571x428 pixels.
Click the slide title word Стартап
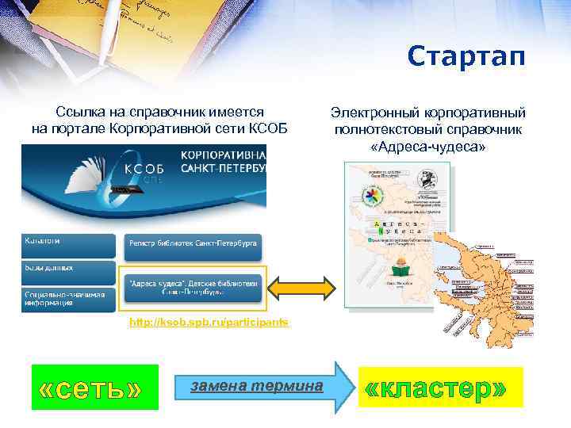tap(466, 58)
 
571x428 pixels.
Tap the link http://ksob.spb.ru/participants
tap(209, 323)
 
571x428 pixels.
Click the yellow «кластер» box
tap(440, 388)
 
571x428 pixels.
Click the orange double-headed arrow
tap(305, 287)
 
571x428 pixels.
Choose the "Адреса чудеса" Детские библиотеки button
tap(194, 287)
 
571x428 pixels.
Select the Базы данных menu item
tap(68, 269)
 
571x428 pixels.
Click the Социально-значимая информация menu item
tap(68, 296)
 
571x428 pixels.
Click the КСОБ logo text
tap(144, 168)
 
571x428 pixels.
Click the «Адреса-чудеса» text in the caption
tap(428, 147)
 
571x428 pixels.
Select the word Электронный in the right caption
tap(370, 113)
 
